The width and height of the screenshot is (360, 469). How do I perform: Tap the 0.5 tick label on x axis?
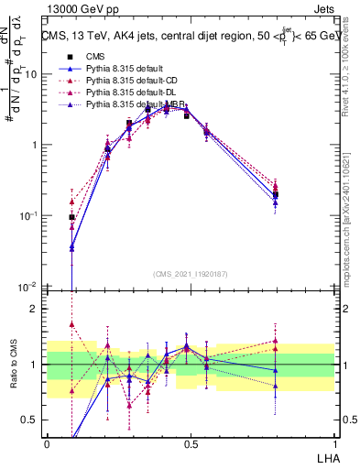click(x=191, y=443)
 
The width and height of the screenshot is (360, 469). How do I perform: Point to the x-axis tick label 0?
click(x=47, y=443)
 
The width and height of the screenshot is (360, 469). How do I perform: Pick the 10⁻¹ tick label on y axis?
click(x=31, y=216)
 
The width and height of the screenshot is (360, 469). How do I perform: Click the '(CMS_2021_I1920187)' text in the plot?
click(x=191, y=273)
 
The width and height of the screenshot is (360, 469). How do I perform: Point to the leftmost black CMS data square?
click(x=71, y=217)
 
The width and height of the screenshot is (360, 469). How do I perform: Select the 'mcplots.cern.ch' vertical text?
click(x=350, y=247)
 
